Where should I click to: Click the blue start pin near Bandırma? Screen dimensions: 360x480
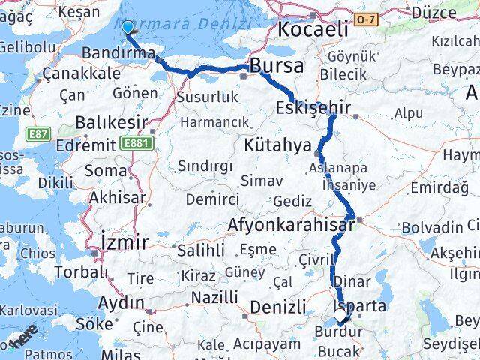pyautogui.click(x=127, y=28)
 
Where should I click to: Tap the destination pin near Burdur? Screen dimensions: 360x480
pyautogui.click(x=342, y=317)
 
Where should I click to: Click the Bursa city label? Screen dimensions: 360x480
pyautogui.click(x=277, y=66)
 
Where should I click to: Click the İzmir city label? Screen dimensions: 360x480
pyautogui.click(x=124, y=241)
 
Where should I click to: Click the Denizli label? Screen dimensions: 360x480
pyautogui.click(x=277, y=306)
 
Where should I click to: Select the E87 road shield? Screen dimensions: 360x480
pyautogui.click(x=40, y=133)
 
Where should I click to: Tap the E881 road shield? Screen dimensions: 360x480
pyautogui.click(x=136, y=141)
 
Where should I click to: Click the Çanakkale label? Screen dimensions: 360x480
pyautogui.click(x=81, y=73)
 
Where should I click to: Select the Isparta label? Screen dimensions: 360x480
pyautogui.click(x=362, y=306)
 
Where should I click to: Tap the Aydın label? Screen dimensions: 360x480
pyautogui.click(x=121, y=302)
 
